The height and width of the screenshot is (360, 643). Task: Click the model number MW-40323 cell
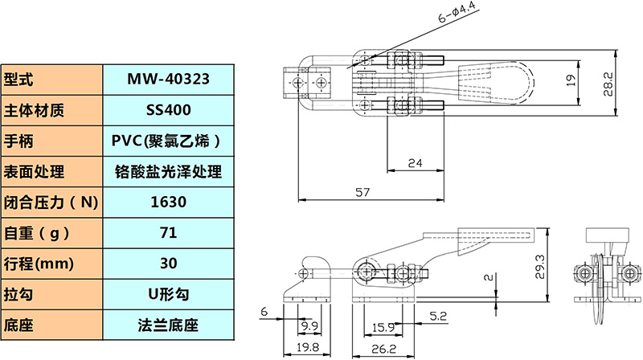[x=168, y=79]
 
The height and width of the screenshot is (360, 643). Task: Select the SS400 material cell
[x=168, y=110]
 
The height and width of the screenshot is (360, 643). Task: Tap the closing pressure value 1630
[x=168, y=202]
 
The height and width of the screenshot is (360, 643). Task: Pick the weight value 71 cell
[x=168, y=233]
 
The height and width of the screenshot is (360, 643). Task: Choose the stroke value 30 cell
[x=168, y=264]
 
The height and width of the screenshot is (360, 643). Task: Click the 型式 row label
[x=18, y=79]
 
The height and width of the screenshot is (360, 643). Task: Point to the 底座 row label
[x=18, y=325]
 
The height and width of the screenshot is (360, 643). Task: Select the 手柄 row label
[x=18, y=141]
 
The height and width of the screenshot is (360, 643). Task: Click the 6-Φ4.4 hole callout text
[x=457, y=12]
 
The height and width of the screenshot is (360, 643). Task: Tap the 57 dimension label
[x=362, y=192]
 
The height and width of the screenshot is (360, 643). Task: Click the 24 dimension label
[x=415, y=163]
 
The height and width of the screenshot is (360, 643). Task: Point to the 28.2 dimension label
[x=608, y=84]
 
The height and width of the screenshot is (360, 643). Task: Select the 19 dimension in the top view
[x=571, y=80]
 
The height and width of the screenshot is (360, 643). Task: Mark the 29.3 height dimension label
[x=539, y=267]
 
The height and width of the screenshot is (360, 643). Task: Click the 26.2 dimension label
[x=384, y=349]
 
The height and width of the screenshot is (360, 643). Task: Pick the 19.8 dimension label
[x=308, y=348]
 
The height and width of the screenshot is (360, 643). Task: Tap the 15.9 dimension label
[x=383, y=328]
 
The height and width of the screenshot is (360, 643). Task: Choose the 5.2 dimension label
[x=438, y=316]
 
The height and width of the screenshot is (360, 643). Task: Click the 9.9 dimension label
[x=309, y=326]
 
